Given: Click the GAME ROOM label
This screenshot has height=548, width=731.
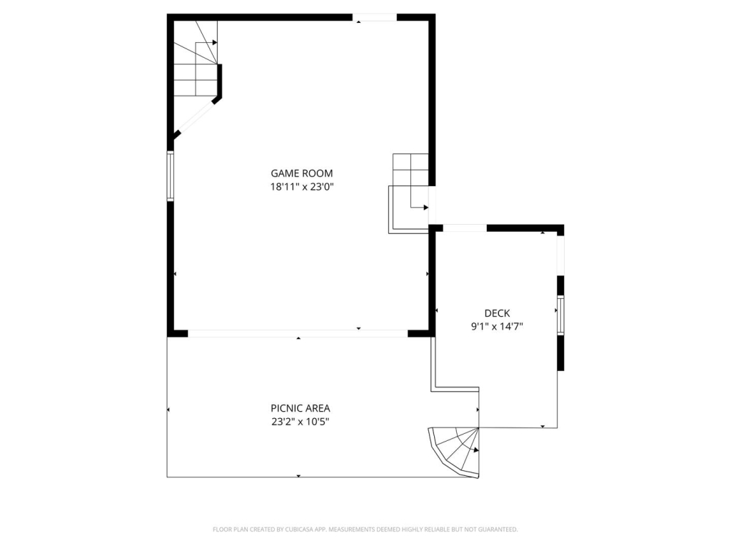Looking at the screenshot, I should pos(301,173).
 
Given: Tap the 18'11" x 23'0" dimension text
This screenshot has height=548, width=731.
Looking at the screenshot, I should pos(301,187).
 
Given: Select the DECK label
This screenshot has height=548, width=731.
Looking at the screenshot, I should pos(497,313).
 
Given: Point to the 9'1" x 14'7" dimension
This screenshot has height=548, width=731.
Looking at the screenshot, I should pos(497,327).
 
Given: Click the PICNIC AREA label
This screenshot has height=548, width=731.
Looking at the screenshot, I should pos(300,408).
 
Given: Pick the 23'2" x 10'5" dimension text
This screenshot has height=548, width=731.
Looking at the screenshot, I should pos(300,422).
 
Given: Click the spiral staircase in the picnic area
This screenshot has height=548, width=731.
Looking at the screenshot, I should pos(457,451).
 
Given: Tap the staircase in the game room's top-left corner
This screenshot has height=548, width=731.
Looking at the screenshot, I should pos(195,61).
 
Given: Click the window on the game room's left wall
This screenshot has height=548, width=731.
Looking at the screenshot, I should pos(171,176).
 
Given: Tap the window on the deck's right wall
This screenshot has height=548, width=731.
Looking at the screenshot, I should pos(560,315).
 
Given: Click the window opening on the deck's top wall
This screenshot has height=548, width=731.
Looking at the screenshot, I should pos(465,228).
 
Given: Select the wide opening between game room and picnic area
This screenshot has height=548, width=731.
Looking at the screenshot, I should pos(297,333).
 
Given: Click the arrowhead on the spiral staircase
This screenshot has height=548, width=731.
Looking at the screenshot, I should pos(475,450).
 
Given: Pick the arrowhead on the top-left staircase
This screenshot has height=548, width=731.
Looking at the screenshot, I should pos(214,43).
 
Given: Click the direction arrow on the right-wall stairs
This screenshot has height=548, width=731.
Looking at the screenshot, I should pos(425,208).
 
